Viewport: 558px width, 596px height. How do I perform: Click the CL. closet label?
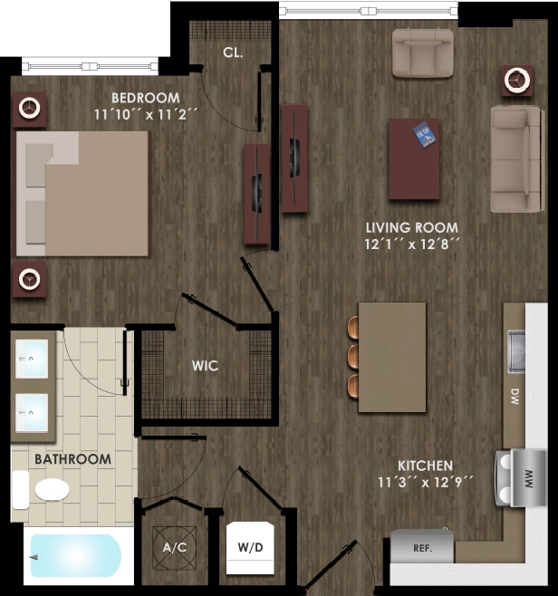click(x=233, y=53)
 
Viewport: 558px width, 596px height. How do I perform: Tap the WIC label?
click(x=205, y=366)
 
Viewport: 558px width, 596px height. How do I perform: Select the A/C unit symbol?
click(x=174, y=548)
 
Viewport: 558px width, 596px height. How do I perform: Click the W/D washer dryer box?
click(x=250, y=547)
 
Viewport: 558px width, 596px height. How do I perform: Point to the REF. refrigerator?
click(x=422, y=547)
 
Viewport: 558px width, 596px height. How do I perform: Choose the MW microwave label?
click(x=530, y=477)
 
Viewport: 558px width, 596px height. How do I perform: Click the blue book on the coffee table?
click(x=425, y=135)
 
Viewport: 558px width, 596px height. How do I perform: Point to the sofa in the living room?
click(x=516, y=159)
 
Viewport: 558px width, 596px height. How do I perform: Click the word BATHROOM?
click(x=72, y=459)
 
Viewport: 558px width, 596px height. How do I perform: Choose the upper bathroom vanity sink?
click(x=33, y=359)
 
